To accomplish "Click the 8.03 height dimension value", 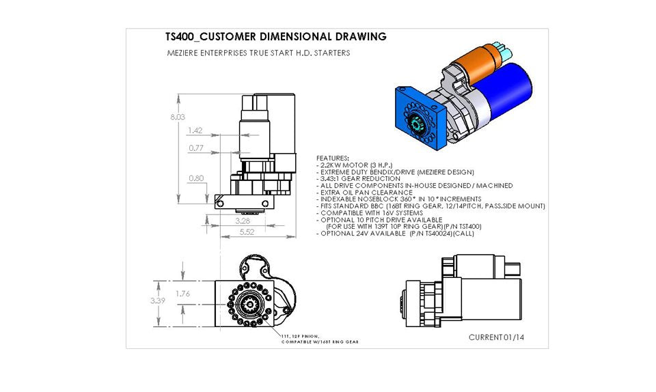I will (177, 117).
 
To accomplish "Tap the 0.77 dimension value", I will (196, 148).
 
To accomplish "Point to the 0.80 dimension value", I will (196, 178).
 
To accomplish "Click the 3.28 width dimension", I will (242, 221).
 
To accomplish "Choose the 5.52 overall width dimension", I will (247, 232).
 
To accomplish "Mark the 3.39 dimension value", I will (157, 299).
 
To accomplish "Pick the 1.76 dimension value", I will (182, 294).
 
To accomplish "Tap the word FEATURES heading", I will (333, 158).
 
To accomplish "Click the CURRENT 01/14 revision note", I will (496, 337).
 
